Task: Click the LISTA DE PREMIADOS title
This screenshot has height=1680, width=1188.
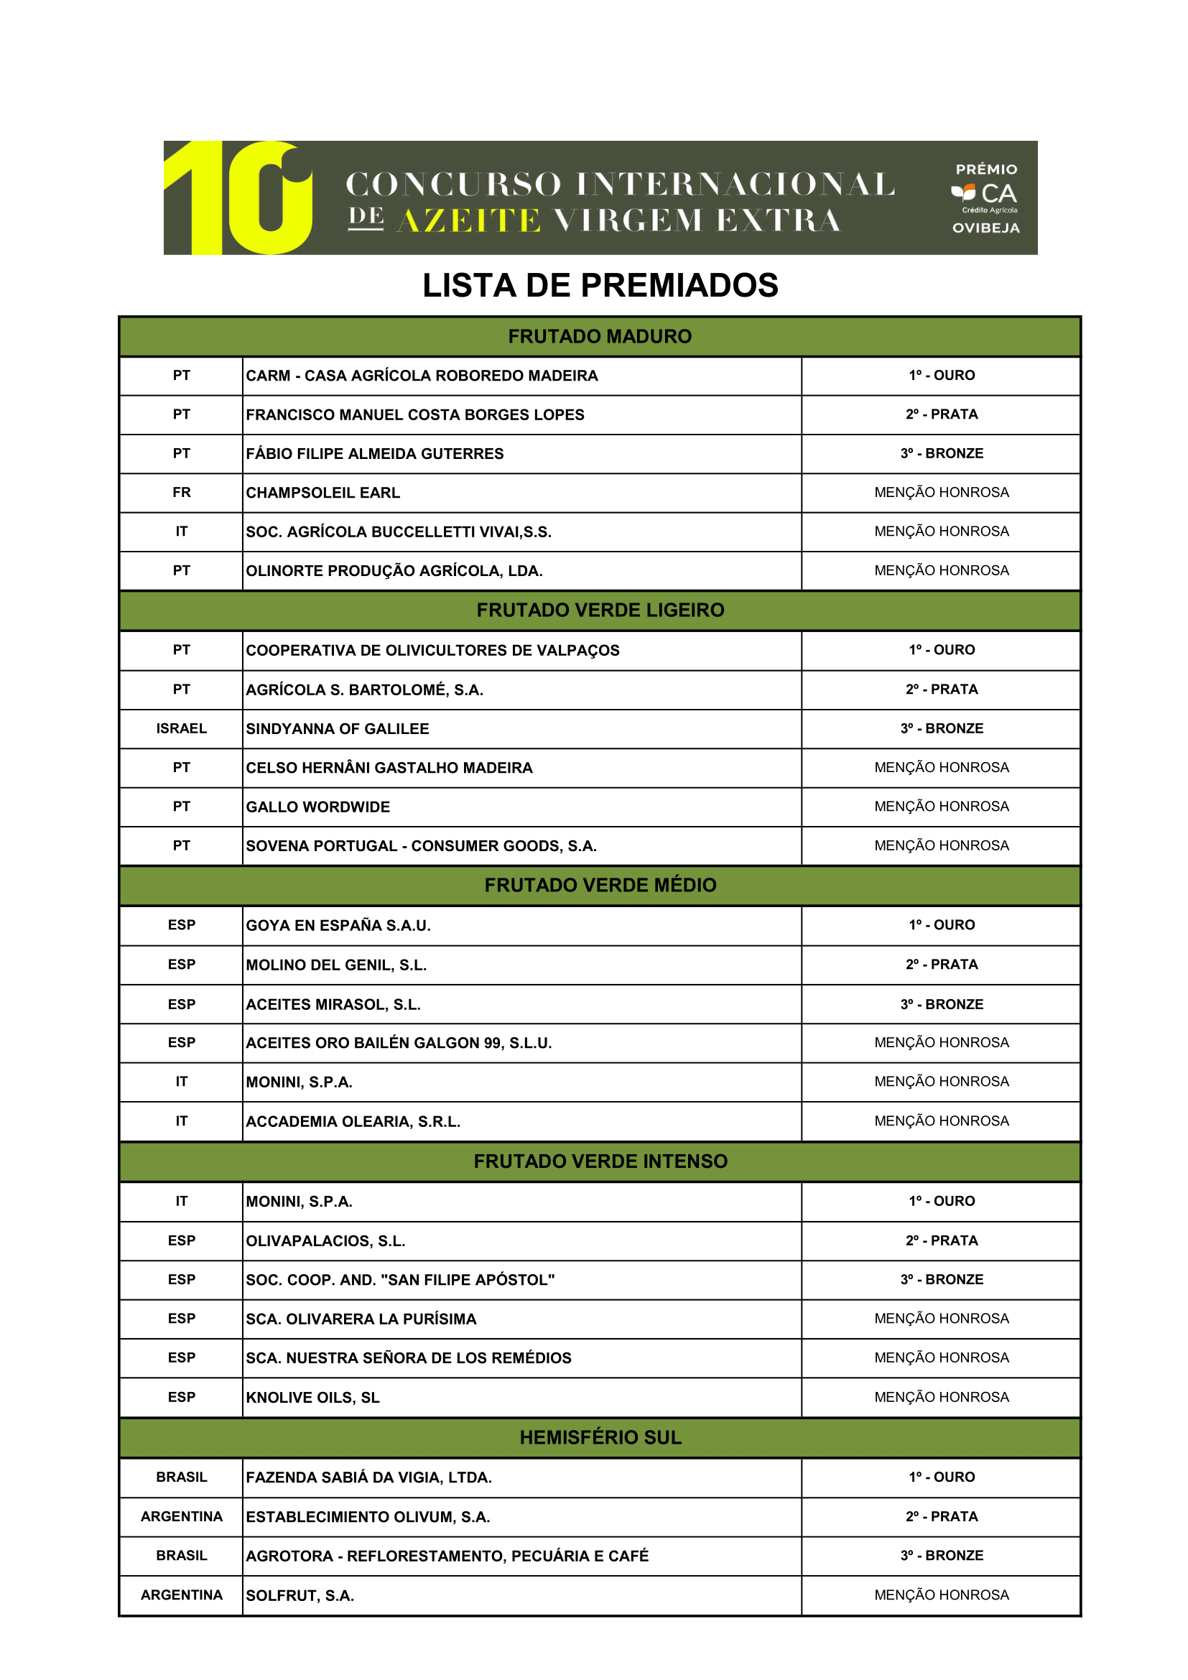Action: click(600, 285)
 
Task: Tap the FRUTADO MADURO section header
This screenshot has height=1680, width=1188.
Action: click(600, 337)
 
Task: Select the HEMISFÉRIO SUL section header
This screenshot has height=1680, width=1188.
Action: click(600, 1437)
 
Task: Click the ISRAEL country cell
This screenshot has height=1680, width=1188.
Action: click(182, 729)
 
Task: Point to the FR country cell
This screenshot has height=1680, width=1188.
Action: click(182, 493)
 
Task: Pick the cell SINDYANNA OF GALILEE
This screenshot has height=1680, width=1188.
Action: click(338, 729)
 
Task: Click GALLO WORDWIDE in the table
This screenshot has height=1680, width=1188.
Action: click(317, 807)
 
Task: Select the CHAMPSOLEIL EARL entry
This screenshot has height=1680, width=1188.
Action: click(322, 493)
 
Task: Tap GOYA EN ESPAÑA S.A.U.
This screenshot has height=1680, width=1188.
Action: click(338, 926)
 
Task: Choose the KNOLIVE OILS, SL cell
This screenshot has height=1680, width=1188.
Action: click(312, 1398)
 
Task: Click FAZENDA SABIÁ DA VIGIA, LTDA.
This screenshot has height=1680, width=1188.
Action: click(368, 1477)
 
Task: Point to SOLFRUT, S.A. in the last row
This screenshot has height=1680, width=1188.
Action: click(300, 1596)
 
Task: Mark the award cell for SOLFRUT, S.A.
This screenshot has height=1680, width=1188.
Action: click(942, 1595)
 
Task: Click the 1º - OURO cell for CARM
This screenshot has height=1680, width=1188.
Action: click(942, 376)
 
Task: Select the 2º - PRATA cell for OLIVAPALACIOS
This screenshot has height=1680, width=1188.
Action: click(942, 1240)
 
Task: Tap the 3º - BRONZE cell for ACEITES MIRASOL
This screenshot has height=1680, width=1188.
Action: click(942, 1004)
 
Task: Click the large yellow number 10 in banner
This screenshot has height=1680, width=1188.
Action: click(238, 198)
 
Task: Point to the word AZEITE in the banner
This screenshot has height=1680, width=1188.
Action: click(468, 221)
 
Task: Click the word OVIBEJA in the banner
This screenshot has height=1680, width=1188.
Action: click(985, 228)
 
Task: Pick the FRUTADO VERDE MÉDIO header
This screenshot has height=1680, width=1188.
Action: click(600, 886)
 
